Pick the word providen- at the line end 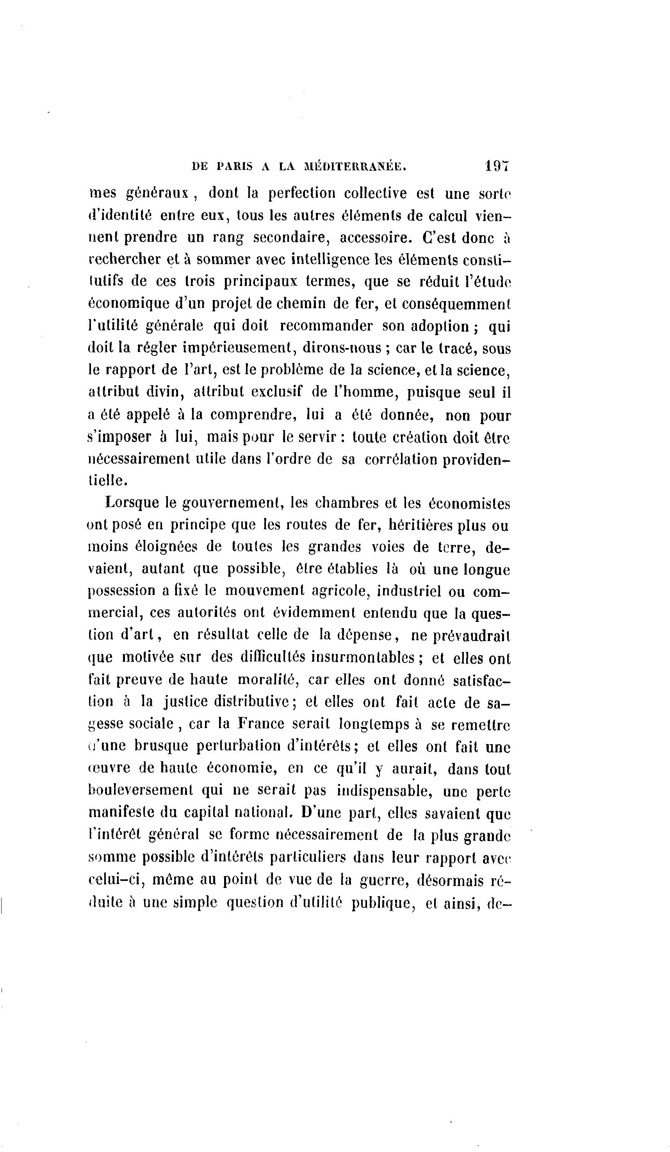click(476, 460)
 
